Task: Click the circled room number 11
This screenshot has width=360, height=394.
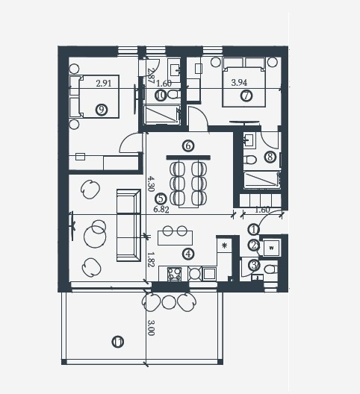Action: coord(117,342)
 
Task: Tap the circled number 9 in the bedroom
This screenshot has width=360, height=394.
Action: coord(102,110)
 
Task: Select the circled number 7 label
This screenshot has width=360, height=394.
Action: coord(246,96)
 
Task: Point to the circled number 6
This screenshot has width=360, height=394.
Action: coord(187,146)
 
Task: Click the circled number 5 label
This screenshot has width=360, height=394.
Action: coord(160,198)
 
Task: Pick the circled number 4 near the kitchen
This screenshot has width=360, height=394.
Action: coord(187,254)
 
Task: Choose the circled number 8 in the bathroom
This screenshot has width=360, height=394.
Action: coord(270,157)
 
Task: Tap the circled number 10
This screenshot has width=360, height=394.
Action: coord(161,95)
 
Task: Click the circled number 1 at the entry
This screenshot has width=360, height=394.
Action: coord(254,230)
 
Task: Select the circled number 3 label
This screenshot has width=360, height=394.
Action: coord(254,263)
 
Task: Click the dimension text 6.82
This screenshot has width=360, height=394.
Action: coord(161,210)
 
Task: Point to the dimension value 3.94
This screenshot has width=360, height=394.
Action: coord(239,83)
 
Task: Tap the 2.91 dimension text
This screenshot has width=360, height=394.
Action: coord(104,84)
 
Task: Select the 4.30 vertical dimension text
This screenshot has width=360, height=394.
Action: coord(150,184)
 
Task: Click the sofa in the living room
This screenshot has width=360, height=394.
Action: coord(128,225)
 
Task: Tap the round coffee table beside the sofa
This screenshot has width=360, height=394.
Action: coord(96,236)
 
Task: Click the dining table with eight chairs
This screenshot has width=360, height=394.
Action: coord(188,182)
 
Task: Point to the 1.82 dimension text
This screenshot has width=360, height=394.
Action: coord(150,258)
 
